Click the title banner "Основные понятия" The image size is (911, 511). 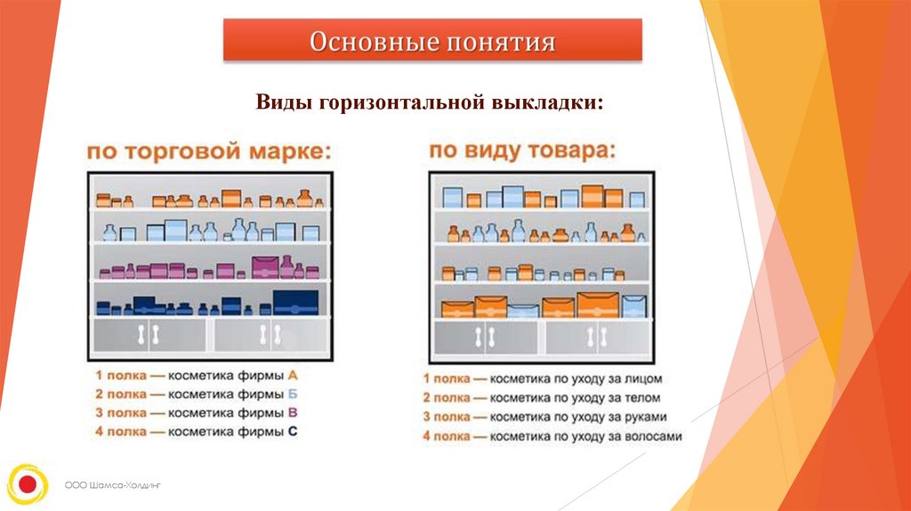(x=432, y=41)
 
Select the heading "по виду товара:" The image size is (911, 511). (x=521, y=150)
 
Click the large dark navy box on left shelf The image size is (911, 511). (x=295, y=302)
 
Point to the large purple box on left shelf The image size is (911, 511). (x=266, y=267)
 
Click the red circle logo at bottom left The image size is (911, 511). (x=27, y=484)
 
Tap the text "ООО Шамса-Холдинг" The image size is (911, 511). (x=116, y=485)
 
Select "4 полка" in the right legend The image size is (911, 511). (x=447, y=436)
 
